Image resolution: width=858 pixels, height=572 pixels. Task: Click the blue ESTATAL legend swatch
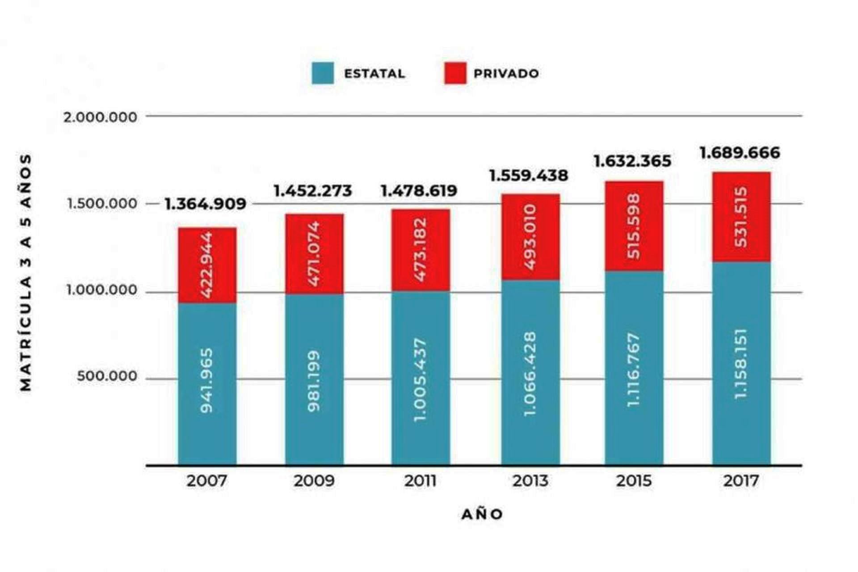[x=323, y=73]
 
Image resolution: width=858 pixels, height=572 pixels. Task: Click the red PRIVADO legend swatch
[x=455, y=73]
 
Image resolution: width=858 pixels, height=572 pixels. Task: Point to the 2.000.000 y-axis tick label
[x=100, y=117]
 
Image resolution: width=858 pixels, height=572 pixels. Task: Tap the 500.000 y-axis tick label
[x=107, y=376]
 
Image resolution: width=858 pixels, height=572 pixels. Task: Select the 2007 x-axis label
[x=207, y=481]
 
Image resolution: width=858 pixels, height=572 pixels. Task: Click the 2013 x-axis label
[x=530, y=481]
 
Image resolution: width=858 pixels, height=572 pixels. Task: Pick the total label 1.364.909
[x=206, y=204]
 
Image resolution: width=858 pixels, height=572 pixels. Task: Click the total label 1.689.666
[x=740, y=153]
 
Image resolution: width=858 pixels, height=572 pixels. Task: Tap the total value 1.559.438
[x=529, y=176]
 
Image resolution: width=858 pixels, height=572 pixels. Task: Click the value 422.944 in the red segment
[x=206, y=265]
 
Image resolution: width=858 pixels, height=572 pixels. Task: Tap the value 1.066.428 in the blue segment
[x=530, y=373]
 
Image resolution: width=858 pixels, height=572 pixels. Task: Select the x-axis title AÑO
[x=482, y=514]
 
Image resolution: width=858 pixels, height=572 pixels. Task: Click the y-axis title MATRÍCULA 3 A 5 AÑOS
[x=26, y=273]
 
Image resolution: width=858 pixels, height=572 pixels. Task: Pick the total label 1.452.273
[x=313, y=191]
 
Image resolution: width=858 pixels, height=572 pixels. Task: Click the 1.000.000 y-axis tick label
[x=102, y=290]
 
